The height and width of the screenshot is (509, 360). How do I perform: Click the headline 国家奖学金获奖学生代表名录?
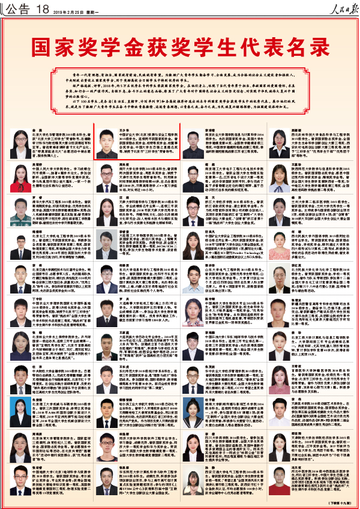(180, 46)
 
